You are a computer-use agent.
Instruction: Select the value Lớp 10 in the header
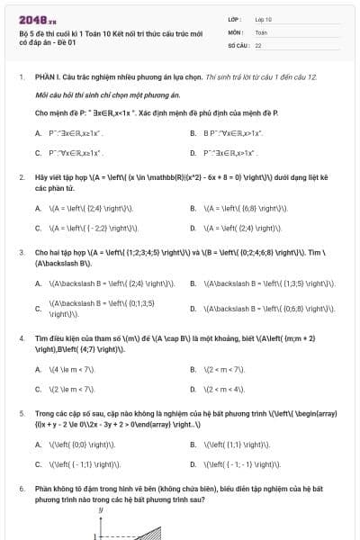click(264, 18)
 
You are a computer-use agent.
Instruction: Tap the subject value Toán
click(261, 31)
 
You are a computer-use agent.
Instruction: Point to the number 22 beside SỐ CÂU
click(258, 44)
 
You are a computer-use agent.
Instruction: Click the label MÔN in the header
click(235, 31)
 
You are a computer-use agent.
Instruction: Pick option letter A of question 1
click(38, 133)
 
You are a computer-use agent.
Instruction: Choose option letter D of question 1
click(193, 154)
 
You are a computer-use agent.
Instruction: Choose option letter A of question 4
click(38, 368)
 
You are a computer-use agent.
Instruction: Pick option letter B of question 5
click(193, 445)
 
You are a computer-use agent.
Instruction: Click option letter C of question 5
click(38, 464)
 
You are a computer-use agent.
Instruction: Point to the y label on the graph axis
click(101, 510)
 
